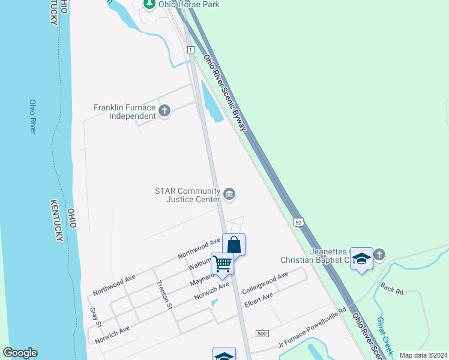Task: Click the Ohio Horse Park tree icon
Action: click(149, 5)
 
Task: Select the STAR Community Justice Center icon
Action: click(229, 194)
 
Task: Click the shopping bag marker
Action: click(234, 245)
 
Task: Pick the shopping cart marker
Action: click(222, 264)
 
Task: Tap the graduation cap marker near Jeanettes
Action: click(361, 258)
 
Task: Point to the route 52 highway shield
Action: click(298, 222)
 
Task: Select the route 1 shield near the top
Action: click(190, 49)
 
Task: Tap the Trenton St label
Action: click(164, 295)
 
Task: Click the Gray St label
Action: click(95, 318)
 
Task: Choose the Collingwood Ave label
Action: click(265, 282)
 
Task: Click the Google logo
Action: click(20, 353)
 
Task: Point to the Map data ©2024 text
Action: click(423, 355)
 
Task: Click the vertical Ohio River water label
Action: click(33, 116)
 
